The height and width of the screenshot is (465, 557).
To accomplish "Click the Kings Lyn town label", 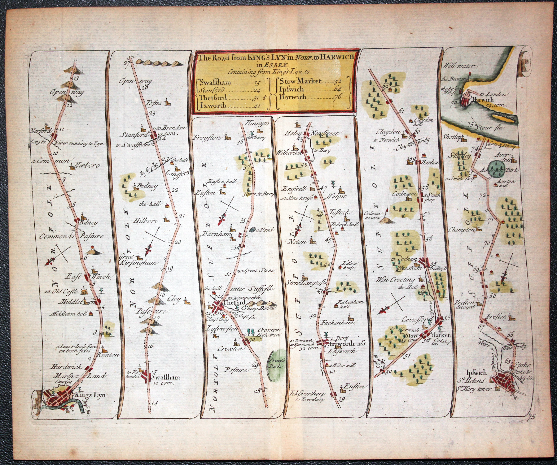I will (x=90, y=395).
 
